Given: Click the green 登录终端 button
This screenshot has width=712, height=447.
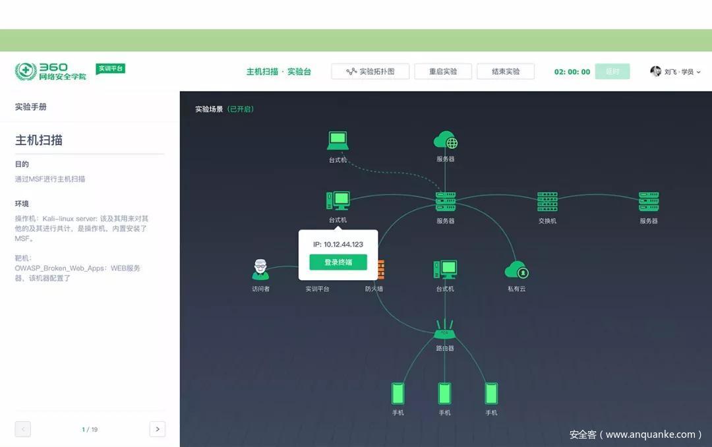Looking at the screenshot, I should click(338, 262).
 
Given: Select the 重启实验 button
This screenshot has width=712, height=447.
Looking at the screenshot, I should click(442, 71).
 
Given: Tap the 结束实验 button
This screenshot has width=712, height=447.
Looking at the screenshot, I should click(506, 71).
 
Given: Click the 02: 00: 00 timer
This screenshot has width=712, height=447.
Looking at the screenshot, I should click(572, 72).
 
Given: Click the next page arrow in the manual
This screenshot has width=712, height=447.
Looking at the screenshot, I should click(157, 429).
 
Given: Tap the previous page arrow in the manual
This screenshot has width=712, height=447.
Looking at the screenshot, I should click(23, 429).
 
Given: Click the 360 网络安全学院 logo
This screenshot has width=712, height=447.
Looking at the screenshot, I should click(51, 71).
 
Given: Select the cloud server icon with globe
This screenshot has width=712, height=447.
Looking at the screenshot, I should click(445, 140).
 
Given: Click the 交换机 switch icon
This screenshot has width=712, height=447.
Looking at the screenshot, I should click(547, 202).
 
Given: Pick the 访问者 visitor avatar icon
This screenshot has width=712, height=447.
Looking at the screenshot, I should click(260, 270).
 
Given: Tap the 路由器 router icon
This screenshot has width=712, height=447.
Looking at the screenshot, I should click(445, 329).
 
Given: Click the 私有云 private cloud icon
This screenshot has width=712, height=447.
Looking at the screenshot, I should click(516, 270).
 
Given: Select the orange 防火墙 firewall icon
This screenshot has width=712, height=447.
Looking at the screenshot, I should click(380, 270).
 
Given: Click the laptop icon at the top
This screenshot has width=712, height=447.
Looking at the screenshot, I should click(338, 140).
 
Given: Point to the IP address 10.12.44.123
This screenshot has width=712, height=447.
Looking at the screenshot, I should click(338, 245).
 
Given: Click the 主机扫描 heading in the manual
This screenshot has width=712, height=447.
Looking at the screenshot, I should click(39, 140).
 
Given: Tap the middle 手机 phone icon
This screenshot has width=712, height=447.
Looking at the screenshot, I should click(445, 394).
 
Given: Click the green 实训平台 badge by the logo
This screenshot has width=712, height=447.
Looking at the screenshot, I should click(110, 69).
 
